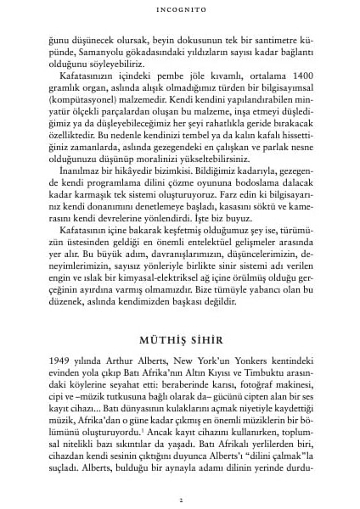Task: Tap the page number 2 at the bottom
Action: [x=180, y=499]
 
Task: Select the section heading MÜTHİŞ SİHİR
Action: [x=180, y=336]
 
